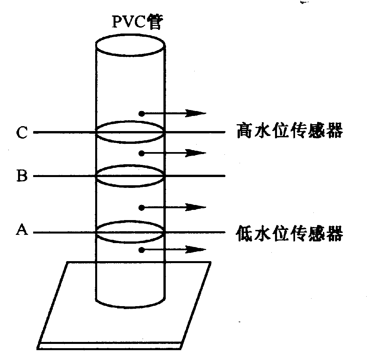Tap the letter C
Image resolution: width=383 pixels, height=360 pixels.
tap(22, 132)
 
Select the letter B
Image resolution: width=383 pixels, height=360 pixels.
tap(22, 176)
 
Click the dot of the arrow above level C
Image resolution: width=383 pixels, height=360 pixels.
tap(141, 114)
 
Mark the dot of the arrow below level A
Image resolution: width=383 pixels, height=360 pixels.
tap(141, 250)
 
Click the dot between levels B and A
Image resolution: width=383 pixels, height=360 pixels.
tap(141, 208)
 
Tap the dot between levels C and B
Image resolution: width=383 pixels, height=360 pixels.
tap(141, 153)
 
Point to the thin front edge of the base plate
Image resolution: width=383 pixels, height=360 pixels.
tap(110, 346)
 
